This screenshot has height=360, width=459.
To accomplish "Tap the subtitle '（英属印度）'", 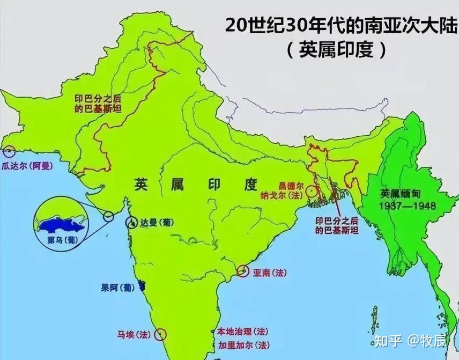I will tap(336, 51).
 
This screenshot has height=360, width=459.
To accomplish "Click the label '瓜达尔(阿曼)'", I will tap(27, 166).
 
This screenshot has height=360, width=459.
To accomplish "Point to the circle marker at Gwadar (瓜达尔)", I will tap(7, 152).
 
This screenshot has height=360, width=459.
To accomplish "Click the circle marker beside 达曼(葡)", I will tap(131, 222).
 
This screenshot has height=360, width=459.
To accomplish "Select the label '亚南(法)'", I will tap(270, 273).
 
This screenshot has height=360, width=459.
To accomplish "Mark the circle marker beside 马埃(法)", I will tap(159, 335).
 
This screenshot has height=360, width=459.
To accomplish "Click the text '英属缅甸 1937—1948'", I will tap(408, 200).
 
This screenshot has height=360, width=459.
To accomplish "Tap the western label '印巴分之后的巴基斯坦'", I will tap(99, 103).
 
